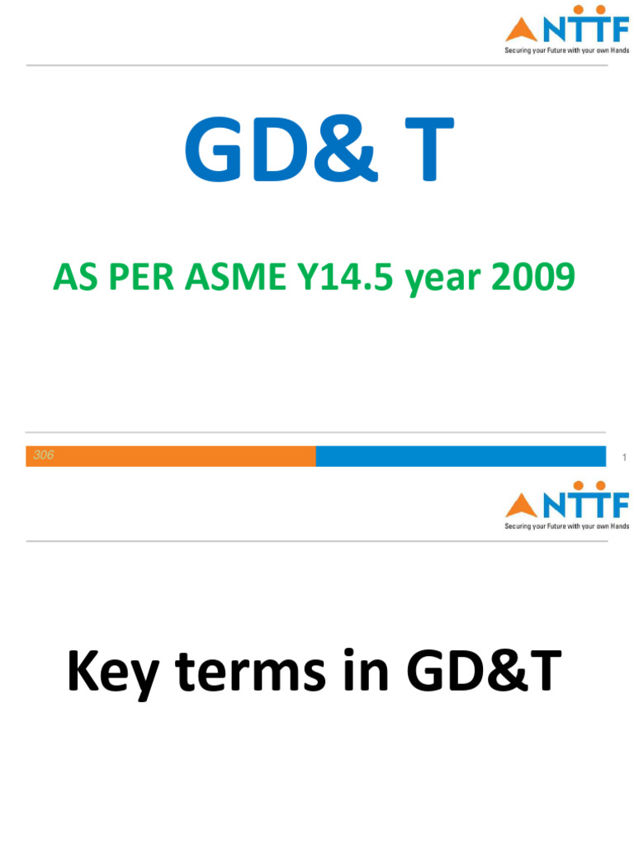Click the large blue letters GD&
coord(281,152)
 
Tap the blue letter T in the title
coord(423,152)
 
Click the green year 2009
coord(532,278)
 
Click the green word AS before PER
coord(74,278)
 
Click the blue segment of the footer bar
coord(461,456)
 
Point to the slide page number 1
coord(625,457)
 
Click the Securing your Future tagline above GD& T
coord(567,50)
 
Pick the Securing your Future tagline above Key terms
coord(567,525)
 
